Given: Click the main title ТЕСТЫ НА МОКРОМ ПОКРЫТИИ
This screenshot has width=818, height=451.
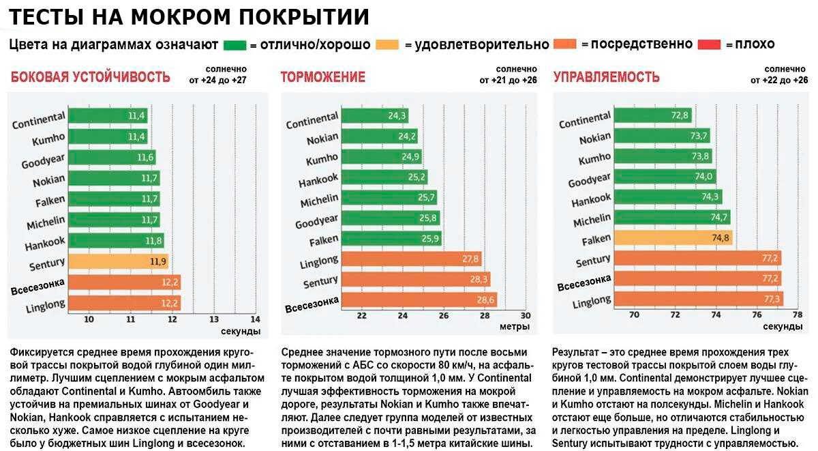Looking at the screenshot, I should click(190, 17).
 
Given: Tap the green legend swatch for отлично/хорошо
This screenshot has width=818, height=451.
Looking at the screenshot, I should click(234, 45).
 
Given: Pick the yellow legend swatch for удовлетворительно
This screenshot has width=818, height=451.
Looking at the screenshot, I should click(387, 45).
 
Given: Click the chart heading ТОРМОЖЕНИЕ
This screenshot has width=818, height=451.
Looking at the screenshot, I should click(322, 77).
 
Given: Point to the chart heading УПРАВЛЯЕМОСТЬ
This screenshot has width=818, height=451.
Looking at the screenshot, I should click(606, 77).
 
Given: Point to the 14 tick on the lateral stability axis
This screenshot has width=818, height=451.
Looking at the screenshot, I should click(255, 319).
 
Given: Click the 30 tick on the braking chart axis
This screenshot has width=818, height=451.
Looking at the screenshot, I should click(525, 315).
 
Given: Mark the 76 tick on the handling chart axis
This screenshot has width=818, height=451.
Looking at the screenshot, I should click(757, 315).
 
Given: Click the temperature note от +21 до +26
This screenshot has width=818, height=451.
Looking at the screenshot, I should click(513, 80).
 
